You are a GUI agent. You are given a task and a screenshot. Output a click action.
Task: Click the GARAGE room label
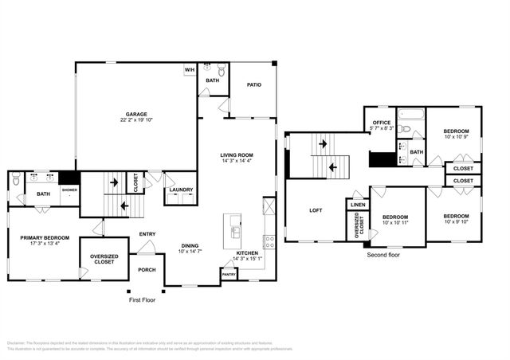click(135, 114)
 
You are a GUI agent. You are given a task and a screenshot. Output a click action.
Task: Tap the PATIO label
click(253, 84)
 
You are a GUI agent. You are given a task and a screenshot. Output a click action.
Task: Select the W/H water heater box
click(190, 70)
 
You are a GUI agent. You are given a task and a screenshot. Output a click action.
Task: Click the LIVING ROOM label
click(237, 155)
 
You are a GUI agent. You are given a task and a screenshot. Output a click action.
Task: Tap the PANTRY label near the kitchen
click(229, 274)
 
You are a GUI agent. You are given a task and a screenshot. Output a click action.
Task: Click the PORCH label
click(147, 269)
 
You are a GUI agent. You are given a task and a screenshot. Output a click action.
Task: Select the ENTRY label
click(147, 233)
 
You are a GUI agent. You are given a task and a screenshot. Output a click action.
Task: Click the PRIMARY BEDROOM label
click(45, 237)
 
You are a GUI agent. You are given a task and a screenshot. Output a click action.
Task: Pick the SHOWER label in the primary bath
click(69, 190)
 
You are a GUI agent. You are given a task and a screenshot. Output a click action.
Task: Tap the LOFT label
click(316, 210)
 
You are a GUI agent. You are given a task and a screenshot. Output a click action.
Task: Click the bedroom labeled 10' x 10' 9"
click(456, 131)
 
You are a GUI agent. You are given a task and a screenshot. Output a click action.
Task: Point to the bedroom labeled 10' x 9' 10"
click(456, 216)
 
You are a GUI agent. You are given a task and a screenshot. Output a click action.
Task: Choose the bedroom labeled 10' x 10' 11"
click(394, 217)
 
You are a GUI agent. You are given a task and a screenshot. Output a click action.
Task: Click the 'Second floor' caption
click(382, 256)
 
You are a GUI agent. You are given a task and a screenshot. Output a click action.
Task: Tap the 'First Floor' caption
click(144, 301)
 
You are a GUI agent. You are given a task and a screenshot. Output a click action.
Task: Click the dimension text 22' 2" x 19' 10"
click(135, 120)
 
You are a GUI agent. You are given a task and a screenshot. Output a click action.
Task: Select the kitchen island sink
click(236, 232)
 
